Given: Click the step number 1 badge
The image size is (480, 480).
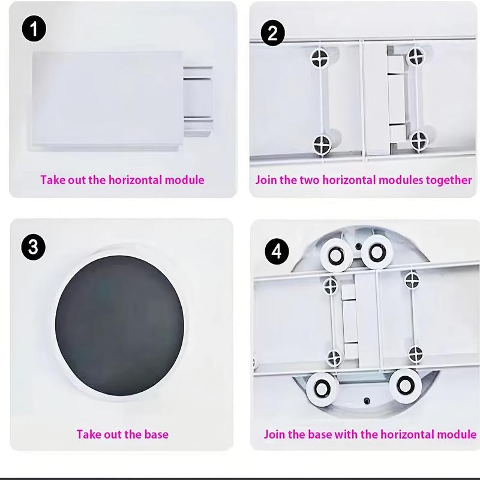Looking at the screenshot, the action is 34,29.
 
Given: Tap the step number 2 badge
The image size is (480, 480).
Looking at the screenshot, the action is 273,33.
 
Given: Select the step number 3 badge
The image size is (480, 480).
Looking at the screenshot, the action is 34,247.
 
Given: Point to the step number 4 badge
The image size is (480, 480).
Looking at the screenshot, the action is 277,251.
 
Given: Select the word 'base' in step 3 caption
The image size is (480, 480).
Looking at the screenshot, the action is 156,434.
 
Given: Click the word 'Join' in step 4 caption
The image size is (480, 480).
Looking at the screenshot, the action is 275,434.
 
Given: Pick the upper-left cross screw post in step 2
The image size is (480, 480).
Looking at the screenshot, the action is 320,58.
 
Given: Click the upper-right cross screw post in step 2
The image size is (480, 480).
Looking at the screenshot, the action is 416,56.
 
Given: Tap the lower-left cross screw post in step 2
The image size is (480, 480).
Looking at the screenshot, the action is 322,145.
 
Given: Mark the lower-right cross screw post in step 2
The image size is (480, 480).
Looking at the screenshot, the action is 418,140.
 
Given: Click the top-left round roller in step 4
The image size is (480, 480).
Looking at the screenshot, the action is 336,254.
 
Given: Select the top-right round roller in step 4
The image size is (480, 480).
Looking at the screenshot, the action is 377,251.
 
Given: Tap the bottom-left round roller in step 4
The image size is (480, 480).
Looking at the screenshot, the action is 322,389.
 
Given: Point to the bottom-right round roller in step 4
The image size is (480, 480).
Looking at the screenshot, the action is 405,385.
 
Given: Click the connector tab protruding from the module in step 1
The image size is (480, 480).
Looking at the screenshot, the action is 197,101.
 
